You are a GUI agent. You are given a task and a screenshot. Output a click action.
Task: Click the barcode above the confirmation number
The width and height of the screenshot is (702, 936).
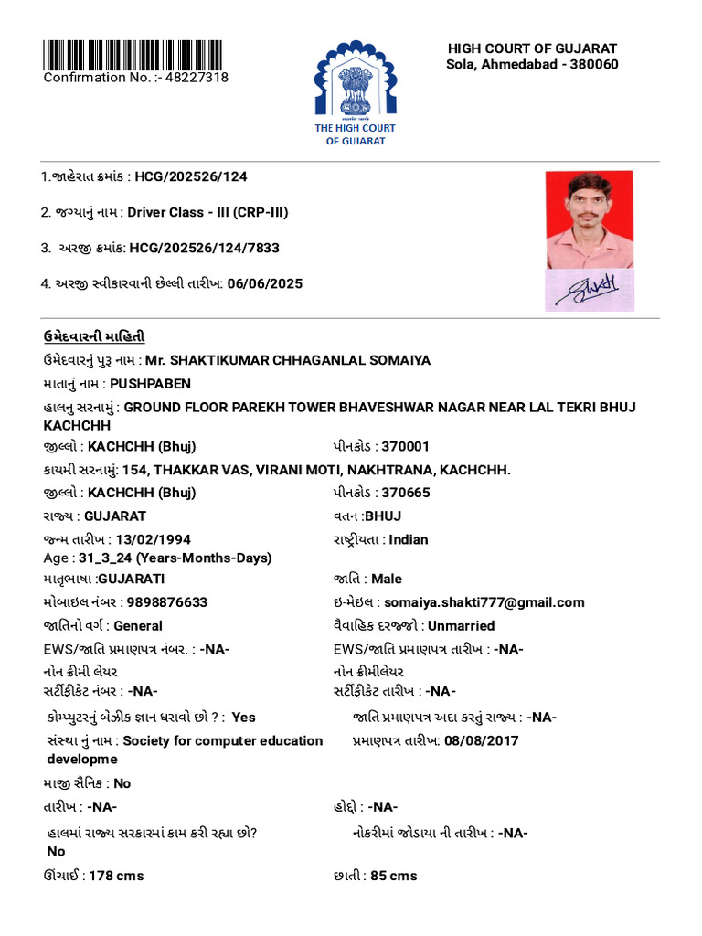point(134,54)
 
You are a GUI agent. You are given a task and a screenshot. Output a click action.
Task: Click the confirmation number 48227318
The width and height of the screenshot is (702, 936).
point(196,78)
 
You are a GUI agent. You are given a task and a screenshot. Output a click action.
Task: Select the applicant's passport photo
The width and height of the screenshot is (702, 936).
point(589,219)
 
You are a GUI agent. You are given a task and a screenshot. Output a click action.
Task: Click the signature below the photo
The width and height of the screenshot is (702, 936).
point(589,290)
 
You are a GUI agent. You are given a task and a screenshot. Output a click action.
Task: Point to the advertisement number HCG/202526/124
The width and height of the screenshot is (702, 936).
point(191,176)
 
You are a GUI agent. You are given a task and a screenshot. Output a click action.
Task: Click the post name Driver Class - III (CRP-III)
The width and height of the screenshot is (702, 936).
point(207,212)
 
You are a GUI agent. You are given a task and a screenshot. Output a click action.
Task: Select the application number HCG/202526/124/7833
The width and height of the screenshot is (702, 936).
point(204,248)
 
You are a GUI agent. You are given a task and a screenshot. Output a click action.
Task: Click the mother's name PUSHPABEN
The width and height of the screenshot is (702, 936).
point(151,384)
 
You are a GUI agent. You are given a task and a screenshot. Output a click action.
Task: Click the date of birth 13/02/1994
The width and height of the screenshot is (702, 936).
point(153,539)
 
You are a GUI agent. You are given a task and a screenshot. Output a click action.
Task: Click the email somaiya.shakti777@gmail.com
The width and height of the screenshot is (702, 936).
point(484,602)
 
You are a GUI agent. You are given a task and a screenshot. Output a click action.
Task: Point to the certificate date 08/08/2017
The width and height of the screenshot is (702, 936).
point(482,740)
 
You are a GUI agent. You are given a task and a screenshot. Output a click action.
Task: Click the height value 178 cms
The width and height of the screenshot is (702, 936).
point(116,876)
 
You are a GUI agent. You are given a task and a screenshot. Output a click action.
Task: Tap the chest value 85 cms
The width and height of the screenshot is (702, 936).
point(394,876)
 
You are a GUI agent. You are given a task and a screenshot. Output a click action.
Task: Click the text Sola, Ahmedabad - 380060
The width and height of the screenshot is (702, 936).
point(532,64)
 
